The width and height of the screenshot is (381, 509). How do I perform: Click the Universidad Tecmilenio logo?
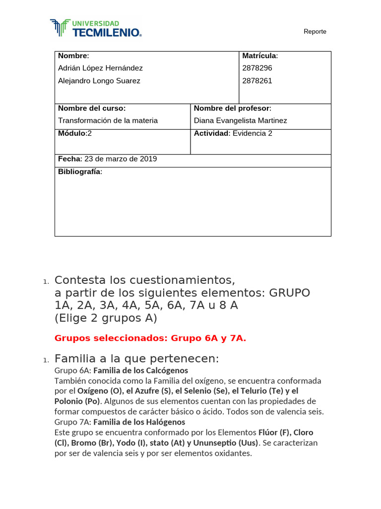pyautogui.click(x=96, y=28)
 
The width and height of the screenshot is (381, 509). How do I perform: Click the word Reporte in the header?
pyautogui.click(x=315, y=32)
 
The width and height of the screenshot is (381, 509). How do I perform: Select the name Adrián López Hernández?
pyautogui.click(x=100, y=68)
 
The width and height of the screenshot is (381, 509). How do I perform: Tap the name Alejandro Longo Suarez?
pyautogui.click(x=99, y=81)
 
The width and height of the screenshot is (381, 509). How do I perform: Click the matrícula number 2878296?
pyautogui.click(x=257, y=68)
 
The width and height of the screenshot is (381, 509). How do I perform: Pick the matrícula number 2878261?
pyautogui.click(x=257, y=81)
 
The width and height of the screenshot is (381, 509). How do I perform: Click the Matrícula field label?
pyautogui.click(x=259, y=56)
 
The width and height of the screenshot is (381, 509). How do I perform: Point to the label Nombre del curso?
pyautogui.click(x=92, y=108)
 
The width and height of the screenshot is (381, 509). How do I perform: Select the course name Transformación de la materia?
pyautogui.click(x=108, y=120)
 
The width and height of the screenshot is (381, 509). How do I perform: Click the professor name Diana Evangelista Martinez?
pyautogui.click(x=240, y=120)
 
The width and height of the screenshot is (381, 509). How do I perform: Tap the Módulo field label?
pyautogui.click(x=72, y=133)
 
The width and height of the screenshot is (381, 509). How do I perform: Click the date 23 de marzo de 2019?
pyautogui.click(x=121, y=159)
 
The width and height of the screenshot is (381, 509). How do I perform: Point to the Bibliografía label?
pyautogui.click(x=79, y=171)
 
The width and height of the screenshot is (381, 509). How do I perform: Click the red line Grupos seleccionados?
pyautogui.click(x=150, y=338)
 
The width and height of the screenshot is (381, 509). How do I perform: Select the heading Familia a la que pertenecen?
pyautogui.click(x=136, y=359)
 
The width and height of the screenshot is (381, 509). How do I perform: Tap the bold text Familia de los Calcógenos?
pyautogui.click(x=140, y=371)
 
